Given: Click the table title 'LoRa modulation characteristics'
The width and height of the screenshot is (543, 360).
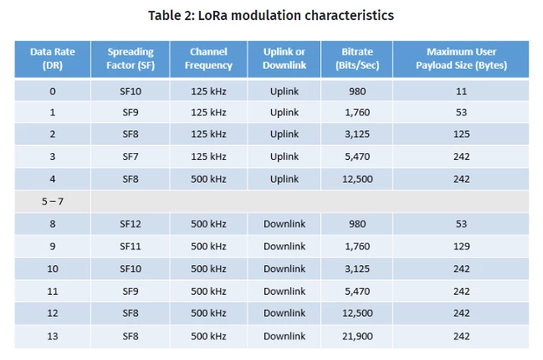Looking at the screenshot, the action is (295, 16).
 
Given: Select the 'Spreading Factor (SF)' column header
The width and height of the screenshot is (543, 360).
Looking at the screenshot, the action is (131, 59).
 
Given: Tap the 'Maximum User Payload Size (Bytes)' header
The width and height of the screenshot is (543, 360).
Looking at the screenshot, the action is (461, 59).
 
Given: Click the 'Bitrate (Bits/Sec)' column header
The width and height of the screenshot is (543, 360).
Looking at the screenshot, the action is (357, 59).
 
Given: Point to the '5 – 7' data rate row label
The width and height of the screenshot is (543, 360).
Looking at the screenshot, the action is (53, 201).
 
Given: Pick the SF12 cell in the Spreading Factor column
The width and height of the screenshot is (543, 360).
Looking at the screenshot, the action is (131, 224).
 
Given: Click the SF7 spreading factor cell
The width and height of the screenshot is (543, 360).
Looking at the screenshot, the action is (131, 157).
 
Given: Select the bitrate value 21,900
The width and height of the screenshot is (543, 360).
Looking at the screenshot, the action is (357, 336).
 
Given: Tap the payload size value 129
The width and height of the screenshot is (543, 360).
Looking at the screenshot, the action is (462, 246).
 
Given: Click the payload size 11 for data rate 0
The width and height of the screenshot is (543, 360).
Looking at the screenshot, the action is (461, 91).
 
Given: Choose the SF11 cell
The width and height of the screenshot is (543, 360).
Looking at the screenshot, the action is (131, 246).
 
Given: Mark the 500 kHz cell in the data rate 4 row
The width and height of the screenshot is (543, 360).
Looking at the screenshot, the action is (208, 179).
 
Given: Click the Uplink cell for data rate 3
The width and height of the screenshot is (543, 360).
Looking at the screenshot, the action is (284, 157).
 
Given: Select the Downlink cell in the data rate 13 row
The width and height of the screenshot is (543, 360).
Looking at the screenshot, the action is (284, 336).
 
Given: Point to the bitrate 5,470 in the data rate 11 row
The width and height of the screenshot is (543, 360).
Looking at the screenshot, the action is (357, 291).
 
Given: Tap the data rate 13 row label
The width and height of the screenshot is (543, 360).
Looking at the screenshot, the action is (53, 336).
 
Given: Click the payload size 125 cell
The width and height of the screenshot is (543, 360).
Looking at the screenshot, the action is (462, 134).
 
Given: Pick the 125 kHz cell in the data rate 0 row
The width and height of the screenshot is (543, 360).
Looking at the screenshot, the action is (208, 91).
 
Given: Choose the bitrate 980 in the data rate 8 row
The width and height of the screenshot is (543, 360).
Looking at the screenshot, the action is (357, 224).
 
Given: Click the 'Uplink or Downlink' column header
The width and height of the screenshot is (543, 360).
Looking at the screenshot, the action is (284, 59).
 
